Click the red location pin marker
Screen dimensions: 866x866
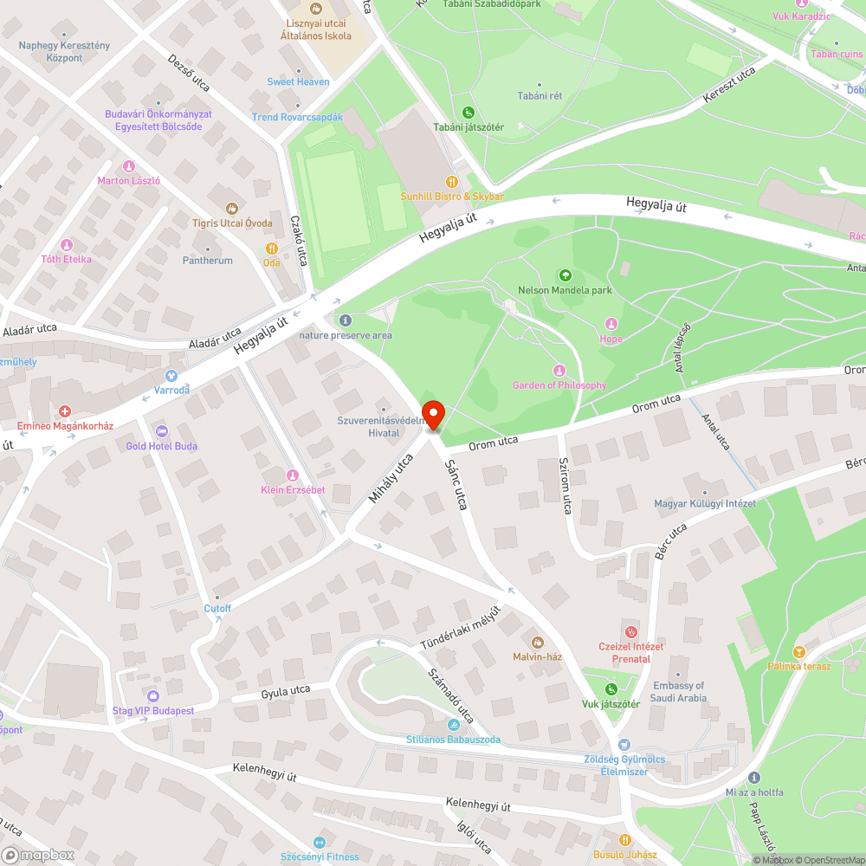click(432, 414)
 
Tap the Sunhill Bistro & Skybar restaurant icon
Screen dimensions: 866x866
click(451, 181)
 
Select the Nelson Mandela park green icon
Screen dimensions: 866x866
click(565, 275)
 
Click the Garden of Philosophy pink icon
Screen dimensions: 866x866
click(559, 371)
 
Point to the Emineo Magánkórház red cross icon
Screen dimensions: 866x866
click(65, 411)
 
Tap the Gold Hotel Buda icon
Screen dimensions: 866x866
click(161, 431)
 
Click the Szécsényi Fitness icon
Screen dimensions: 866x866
click(320, 842)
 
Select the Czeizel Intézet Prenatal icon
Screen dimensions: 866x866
click(631, 632)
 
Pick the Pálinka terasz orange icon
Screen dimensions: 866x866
click(798, 651)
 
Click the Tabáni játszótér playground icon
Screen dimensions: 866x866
click(468, 113)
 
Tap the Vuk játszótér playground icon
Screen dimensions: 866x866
click(611, 689)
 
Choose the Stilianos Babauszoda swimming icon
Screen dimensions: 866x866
click(453, 725)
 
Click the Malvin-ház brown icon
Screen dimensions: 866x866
click(537, 642)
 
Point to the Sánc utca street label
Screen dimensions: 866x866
click(456, 484)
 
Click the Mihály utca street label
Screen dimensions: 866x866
click(391, 478)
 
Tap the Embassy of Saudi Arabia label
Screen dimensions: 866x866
click(680, 692)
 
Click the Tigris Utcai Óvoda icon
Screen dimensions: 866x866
click(232, 208)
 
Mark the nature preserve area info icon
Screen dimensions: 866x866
click(346, 320)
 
